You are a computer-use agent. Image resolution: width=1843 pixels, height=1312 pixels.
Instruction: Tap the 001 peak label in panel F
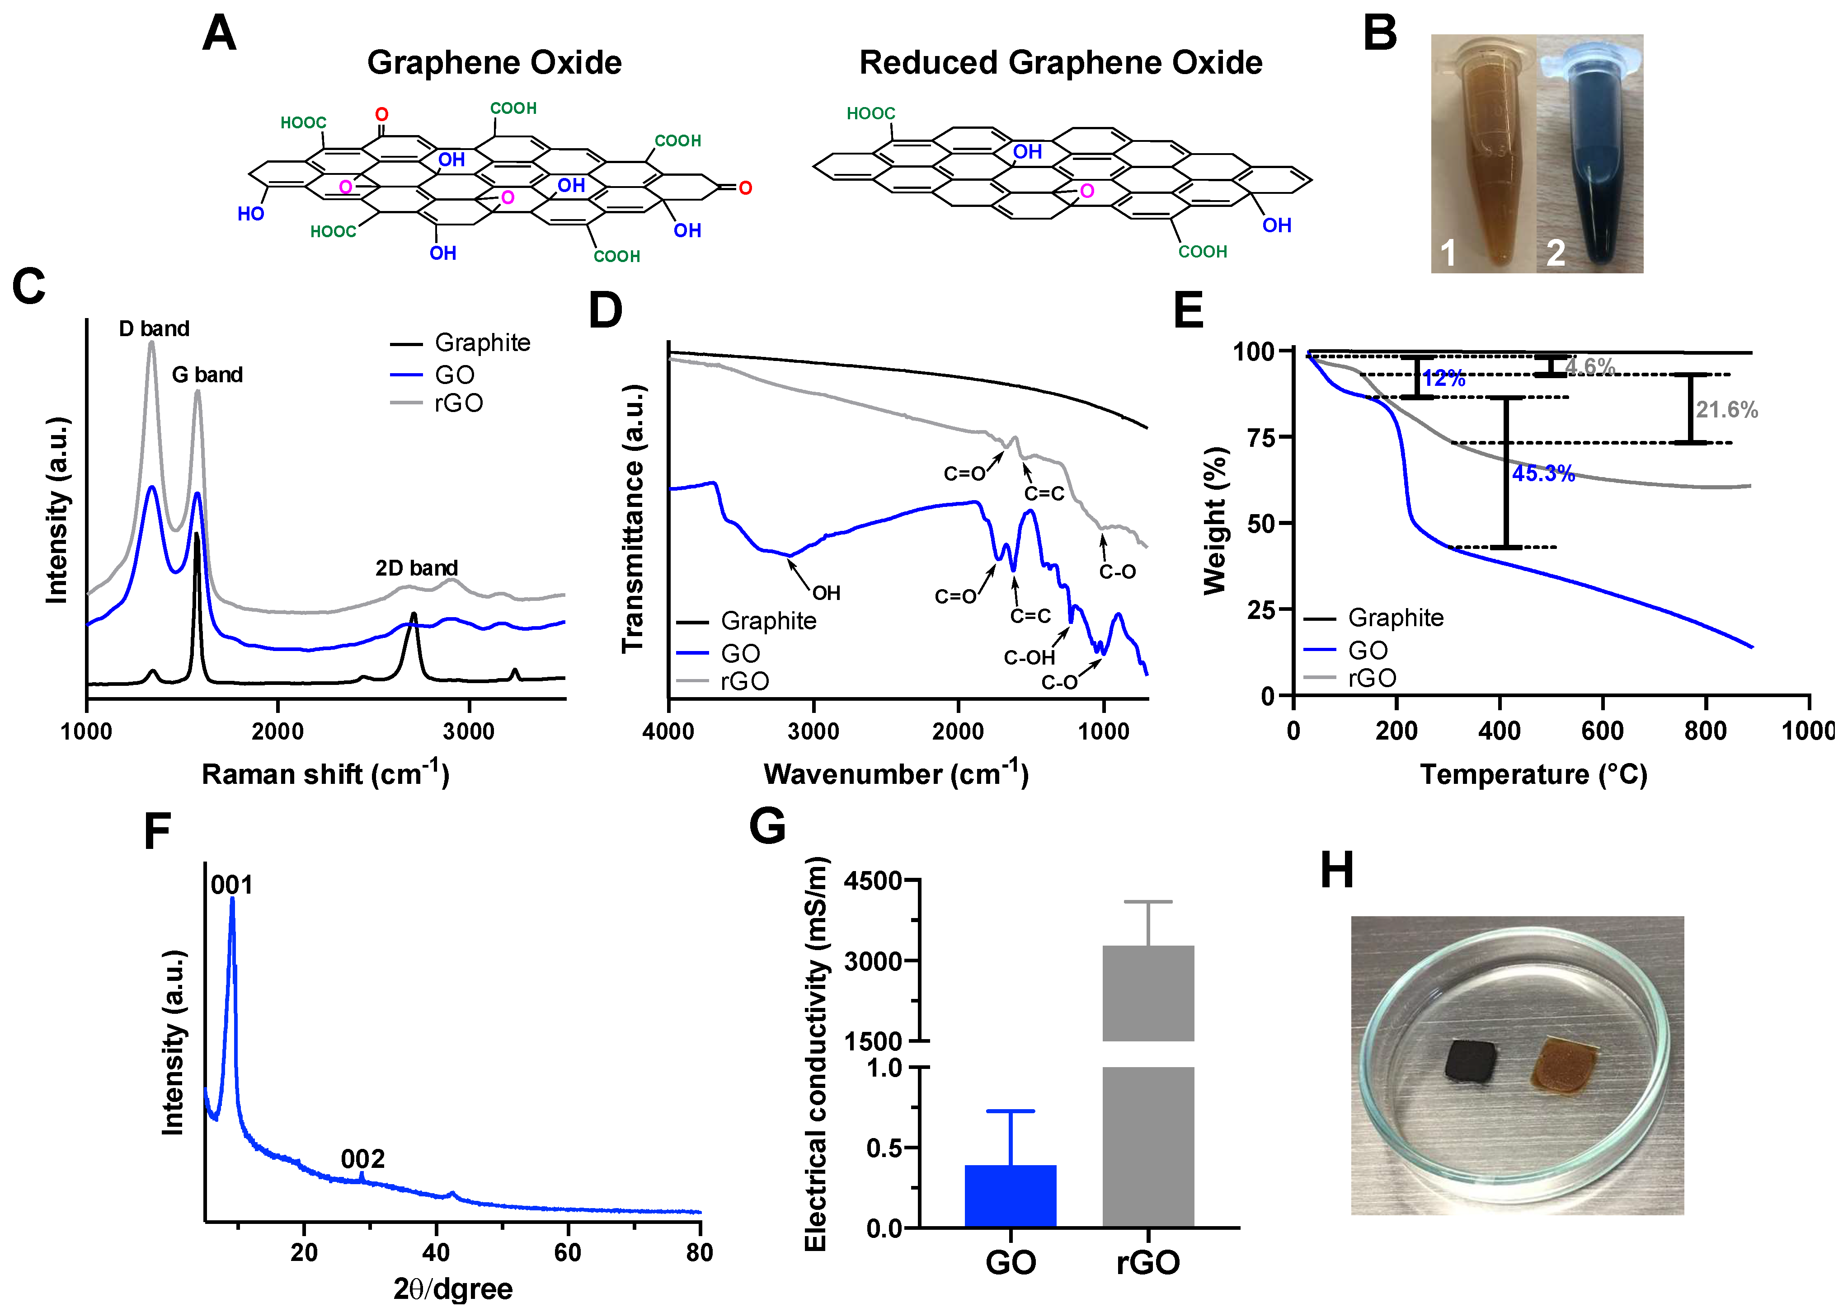pos(232,886)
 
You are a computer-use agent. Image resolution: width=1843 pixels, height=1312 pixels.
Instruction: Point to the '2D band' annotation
pos(416,568)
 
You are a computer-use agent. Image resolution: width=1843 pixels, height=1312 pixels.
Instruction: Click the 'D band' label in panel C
pos(154,329)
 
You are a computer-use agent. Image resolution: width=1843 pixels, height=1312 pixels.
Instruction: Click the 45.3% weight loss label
pos(1543,474)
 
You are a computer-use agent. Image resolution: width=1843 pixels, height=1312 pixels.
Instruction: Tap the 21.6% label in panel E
pos(1727,410)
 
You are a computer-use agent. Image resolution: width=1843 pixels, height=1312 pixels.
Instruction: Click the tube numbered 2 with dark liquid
pos(1590,162)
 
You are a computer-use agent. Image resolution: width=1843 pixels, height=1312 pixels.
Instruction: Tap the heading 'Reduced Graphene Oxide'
pos(1060,63)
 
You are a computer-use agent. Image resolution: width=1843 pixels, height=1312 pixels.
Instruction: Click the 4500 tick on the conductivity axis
pos(873,881)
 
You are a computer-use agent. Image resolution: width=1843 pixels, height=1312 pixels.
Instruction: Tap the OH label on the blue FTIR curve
pos(826,594)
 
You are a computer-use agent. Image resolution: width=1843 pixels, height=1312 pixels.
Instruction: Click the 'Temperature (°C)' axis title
pos(1533,775)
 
